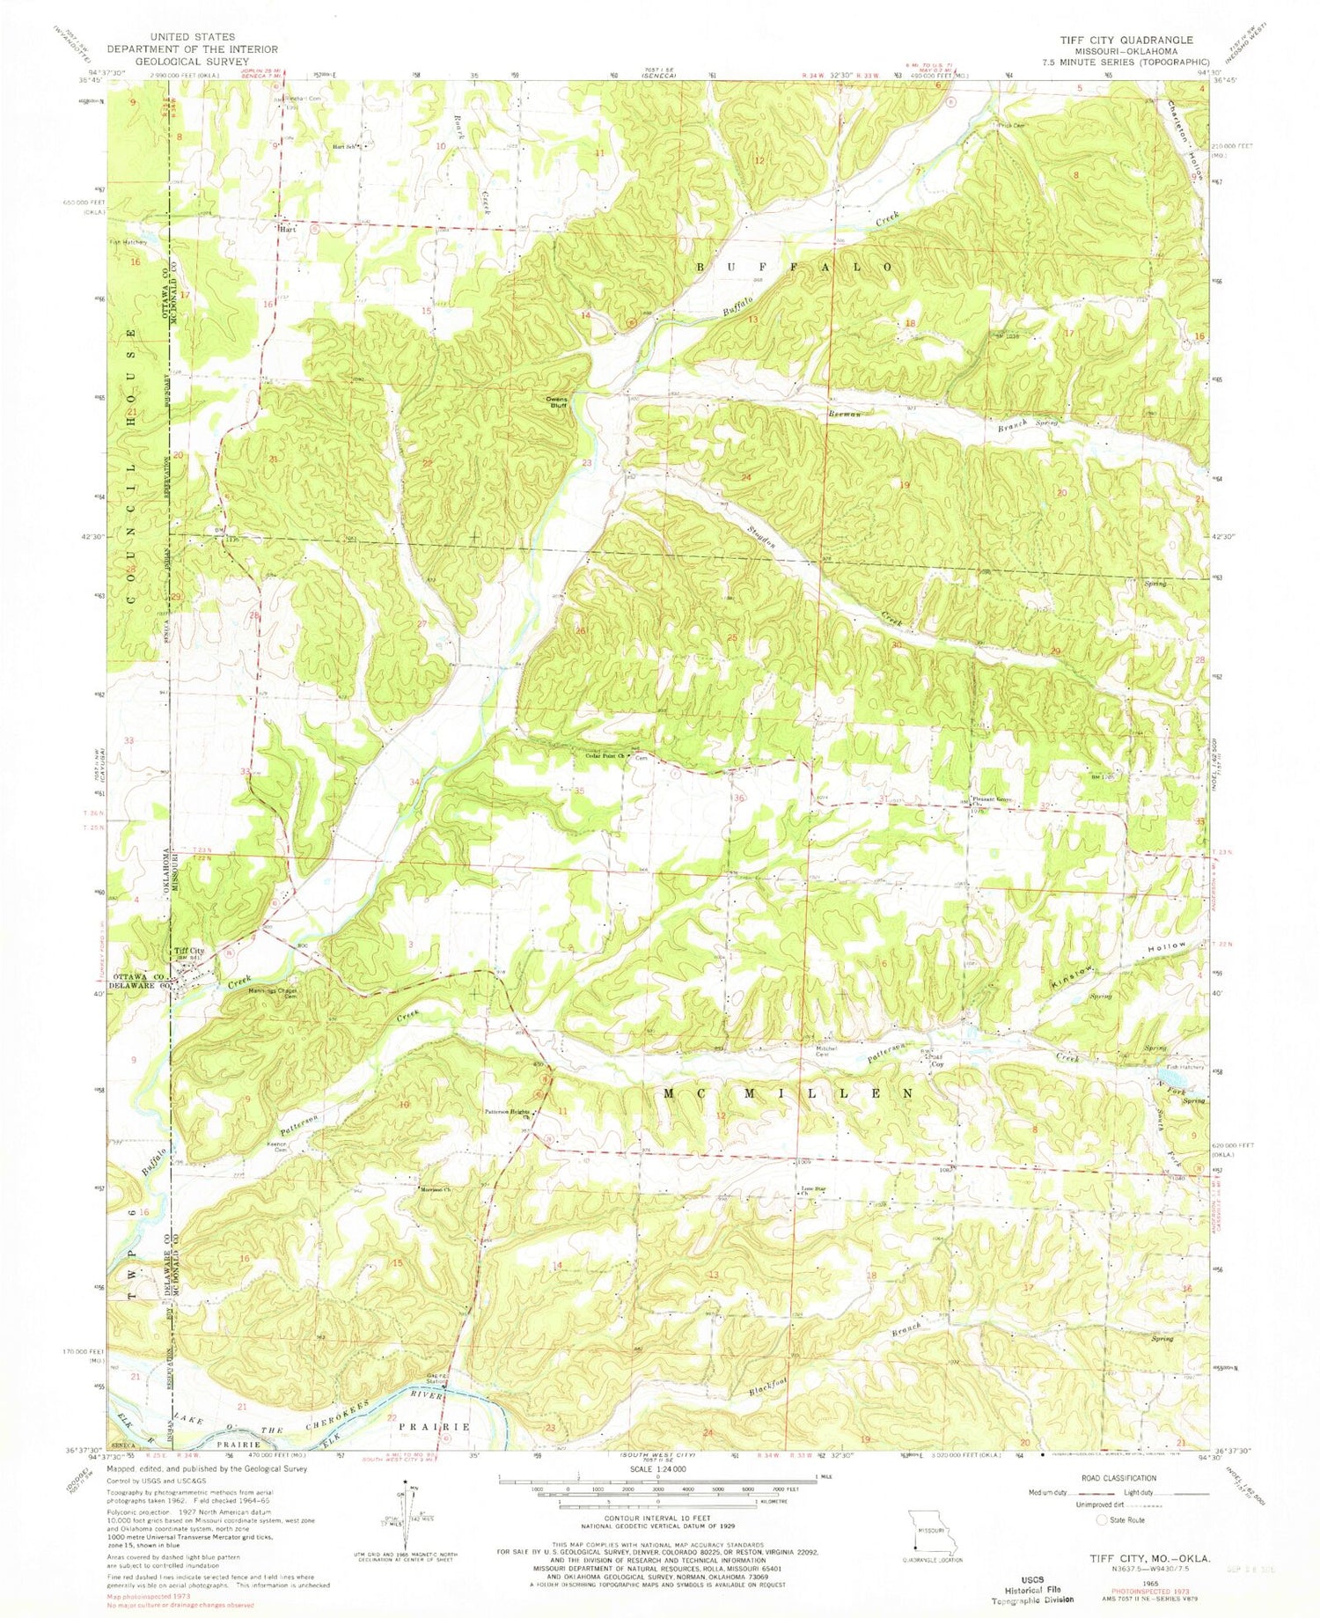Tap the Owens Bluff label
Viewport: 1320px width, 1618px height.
click(558, 401)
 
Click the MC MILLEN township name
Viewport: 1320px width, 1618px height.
click(788, 1093)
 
